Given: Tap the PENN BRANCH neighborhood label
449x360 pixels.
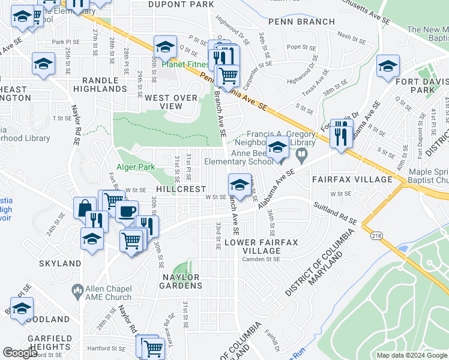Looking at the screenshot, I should [x=301, y=22].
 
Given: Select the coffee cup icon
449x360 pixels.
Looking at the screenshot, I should [x=127, y=212].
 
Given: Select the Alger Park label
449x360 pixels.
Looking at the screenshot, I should [x=136, y=167].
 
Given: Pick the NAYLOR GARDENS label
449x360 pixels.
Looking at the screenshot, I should [x=179, y=281].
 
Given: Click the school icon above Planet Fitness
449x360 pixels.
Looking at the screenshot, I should [x=166, y=47].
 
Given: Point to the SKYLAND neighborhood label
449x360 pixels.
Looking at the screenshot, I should [x=60, y=263].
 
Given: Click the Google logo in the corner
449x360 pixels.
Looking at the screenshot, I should [x=20, y=353].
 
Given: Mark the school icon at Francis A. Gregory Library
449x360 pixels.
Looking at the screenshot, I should [x=277, y=147].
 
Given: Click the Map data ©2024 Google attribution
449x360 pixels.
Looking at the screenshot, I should [x=411, y=355].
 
